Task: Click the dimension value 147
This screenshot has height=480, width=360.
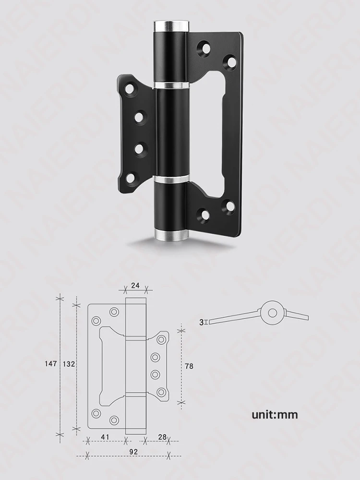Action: [x=51, y=364]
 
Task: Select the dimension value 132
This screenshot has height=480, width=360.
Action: [x=69, y=364]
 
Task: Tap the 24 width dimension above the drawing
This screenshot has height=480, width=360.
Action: [x=135, y=285]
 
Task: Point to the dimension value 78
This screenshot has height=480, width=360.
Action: [x=189, y=366]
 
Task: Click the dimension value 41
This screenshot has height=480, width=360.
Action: [x=105, y=437]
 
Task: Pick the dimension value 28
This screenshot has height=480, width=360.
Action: [x=163, y=437]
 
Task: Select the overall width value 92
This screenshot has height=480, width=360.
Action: [x=133, y=452]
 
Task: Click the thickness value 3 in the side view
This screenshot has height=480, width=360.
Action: [x=201, y=322]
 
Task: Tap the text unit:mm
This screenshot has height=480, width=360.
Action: [x=275, y=415]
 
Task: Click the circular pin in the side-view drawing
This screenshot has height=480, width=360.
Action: [x=273, y=313]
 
